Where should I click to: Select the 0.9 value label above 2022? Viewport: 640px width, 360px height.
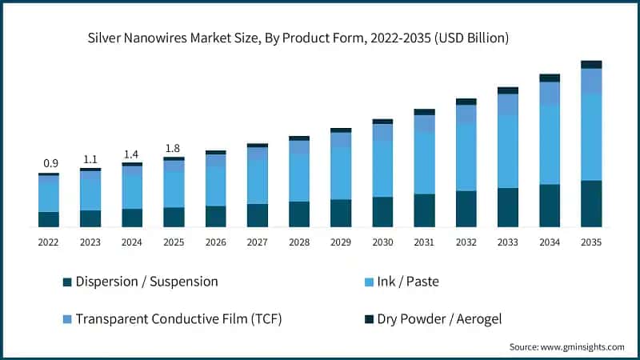pos(49,163)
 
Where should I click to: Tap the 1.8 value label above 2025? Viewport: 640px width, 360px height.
pos(174,148)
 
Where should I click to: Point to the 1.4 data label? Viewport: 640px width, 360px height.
pos(132,154)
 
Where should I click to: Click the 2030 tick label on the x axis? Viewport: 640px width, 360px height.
pos(382,242)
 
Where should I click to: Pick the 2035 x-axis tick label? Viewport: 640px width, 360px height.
pos(591,242)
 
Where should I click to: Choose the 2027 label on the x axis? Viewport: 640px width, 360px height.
pos(258,242)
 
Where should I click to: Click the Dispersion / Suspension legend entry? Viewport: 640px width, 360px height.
pos(146,282)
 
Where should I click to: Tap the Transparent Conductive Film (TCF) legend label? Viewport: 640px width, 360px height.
pos(178,319)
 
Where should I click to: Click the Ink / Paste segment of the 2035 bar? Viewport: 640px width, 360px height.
pos(591,137)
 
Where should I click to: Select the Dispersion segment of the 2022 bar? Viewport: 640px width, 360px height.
pos(49,219)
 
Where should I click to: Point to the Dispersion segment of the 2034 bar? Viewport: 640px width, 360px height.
pos(550,206)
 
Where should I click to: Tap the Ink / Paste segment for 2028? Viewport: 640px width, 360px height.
pos(299,178)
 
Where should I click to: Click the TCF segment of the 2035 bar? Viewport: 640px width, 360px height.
pos(591,81)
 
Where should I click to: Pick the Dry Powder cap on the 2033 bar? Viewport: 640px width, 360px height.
pos(508,90)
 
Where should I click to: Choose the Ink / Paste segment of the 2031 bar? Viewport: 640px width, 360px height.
pos(424,163)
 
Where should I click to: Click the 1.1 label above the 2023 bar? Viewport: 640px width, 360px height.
pos(90,159)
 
